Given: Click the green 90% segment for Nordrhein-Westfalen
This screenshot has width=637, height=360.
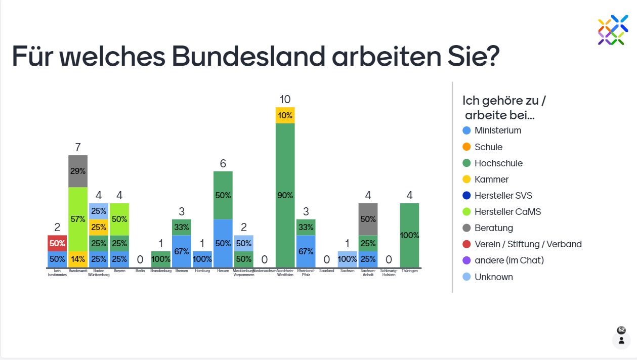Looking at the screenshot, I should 285,195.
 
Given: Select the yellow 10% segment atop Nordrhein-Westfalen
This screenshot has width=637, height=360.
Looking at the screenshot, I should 285,115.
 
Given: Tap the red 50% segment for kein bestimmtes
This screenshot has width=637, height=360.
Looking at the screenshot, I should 57,243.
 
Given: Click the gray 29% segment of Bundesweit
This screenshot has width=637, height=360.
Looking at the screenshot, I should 78,171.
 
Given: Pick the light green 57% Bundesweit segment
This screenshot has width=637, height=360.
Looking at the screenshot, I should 78,219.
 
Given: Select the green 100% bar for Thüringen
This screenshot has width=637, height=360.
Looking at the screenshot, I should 409,235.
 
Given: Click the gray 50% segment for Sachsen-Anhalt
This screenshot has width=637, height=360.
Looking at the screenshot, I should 368,219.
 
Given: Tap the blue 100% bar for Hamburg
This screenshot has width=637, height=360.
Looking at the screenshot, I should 202,259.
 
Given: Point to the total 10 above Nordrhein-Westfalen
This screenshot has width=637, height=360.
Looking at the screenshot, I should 285,99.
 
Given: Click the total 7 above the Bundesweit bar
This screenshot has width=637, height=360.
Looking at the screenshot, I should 78,147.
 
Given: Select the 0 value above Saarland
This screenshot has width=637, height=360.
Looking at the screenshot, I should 326,259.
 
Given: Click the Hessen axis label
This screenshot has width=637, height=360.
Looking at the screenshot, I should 223,271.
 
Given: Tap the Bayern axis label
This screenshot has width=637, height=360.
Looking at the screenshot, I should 119,271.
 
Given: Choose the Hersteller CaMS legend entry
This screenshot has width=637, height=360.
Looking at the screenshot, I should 507,212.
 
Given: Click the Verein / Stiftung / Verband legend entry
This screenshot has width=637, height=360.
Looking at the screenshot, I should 528,244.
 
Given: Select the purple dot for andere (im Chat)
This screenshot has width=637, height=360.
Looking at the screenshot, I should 467,260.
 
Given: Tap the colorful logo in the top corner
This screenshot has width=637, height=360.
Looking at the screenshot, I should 613,29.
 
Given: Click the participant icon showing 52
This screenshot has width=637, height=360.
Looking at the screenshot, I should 621,336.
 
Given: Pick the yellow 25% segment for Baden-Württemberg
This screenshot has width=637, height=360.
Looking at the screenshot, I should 99,227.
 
